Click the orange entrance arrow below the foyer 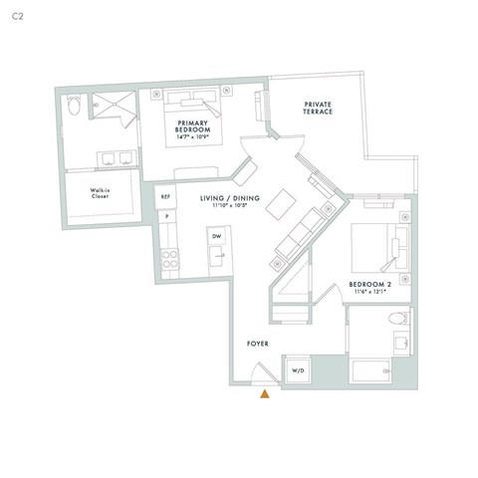(265, 395)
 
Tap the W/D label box (298, 370)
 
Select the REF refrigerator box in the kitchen (166, 197)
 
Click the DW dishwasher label (216, 235)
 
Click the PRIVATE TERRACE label (319, 108)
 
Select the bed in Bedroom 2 (379, 245)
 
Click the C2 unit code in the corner (17, 18)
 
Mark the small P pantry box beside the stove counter (166, 216)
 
